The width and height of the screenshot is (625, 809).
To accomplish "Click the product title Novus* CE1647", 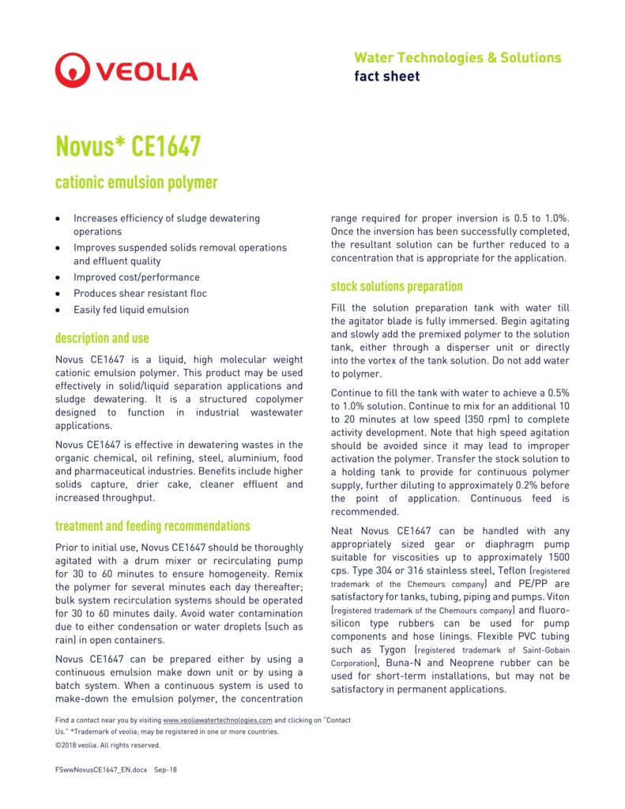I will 127,146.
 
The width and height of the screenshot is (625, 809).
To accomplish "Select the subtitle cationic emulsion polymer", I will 136,183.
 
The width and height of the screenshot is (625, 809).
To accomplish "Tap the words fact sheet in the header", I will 387,77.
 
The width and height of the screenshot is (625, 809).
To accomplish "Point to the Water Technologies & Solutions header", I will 457,58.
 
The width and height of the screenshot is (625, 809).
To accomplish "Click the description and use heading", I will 102,338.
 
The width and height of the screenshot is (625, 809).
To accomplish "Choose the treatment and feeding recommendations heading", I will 152,526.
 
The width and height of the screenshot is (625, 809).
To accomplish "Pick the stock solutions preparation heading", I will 397,286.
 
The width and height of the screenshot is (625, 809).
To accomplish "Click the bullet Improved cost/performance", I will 137,277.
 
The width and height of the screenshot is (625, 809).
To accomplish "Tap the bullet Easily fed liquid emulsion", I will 131,310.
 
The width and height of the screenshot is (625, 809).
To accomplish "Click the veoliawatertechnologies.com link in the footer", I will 217,721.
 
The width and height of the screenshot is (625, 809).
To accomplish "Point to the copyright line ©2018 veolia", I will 107,745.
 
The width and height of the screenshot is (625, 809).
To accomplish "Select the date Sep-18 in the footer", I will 166,769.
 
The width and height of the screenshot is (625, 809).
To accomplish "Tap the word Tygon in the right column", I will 393,649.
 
